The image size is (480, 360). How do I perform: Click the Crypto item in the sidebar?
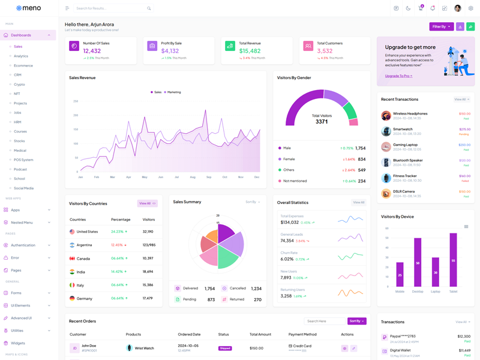click(20, 85)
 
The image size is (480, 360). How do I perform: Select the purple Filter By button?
click(441, 26)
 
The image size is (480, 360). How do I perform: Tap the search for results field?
click(111, 8)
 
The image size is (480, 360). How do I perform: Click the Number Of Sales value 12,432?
click(92, 51)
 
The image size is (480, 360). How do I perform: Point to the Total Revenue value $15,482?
click(250, 51)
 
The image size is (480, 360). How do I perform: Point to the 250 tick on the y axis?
click(76, 101)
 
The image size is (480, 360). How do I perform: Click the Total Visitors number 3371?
click(322, 122)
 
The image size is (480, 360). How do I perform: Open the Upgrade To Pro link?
click(398, 76)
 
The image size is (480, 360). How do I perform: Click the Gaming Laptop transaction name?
click(405, 145)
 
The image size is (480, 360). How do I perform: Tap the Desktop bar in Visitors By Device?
click(418, 262)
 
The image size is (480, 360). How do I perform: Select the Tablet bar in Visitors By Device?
click(453, 259)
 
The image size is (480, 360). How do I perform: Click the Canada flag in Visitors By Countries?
click(72, 259)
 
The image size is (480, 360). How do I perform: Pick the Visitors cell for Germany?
click(148, 298)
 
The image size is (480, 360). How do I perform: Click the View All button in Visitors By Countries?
click(147, 203)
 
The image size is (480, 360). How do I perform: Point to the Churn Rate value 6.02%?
click(287, 259)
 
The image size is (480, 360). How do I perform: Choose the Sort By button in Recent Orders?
click(356, 321)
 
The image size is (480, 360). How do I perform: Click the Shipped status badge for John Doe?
click(225, 348)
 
